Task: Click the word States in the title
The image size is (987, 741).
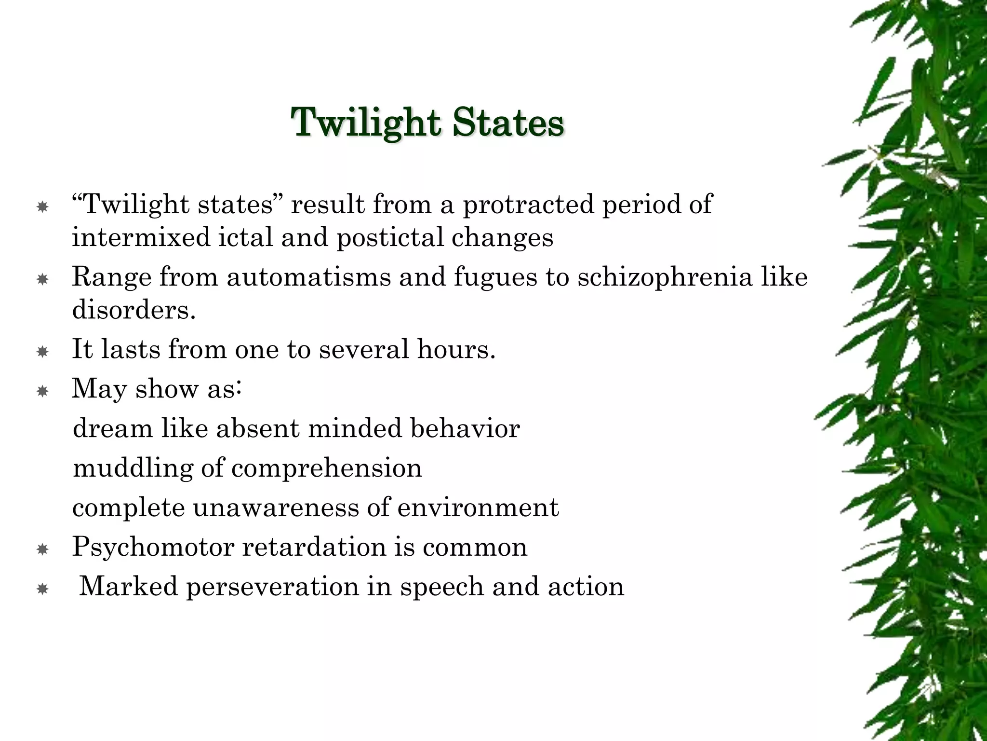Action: tap(508, 122)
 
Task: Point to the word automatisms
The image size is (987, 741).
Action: tap(308, 277)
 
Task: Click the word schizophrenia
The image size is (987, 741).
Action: tap(665, 277)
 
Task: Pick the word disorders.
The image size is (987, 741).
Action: tap(133, 309)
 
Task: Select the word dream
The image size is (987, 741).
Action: tap(112, 428)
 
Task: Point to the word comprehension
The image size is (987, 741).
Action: tap(326, 468)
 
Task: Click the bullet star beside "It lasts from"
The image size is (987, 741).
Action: tap(42, 352)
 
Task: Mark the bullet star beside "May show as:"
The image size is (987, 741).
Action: tap(42, 391)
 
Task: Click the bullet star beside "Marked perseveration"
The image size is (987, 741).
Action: tap(42, 589)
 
